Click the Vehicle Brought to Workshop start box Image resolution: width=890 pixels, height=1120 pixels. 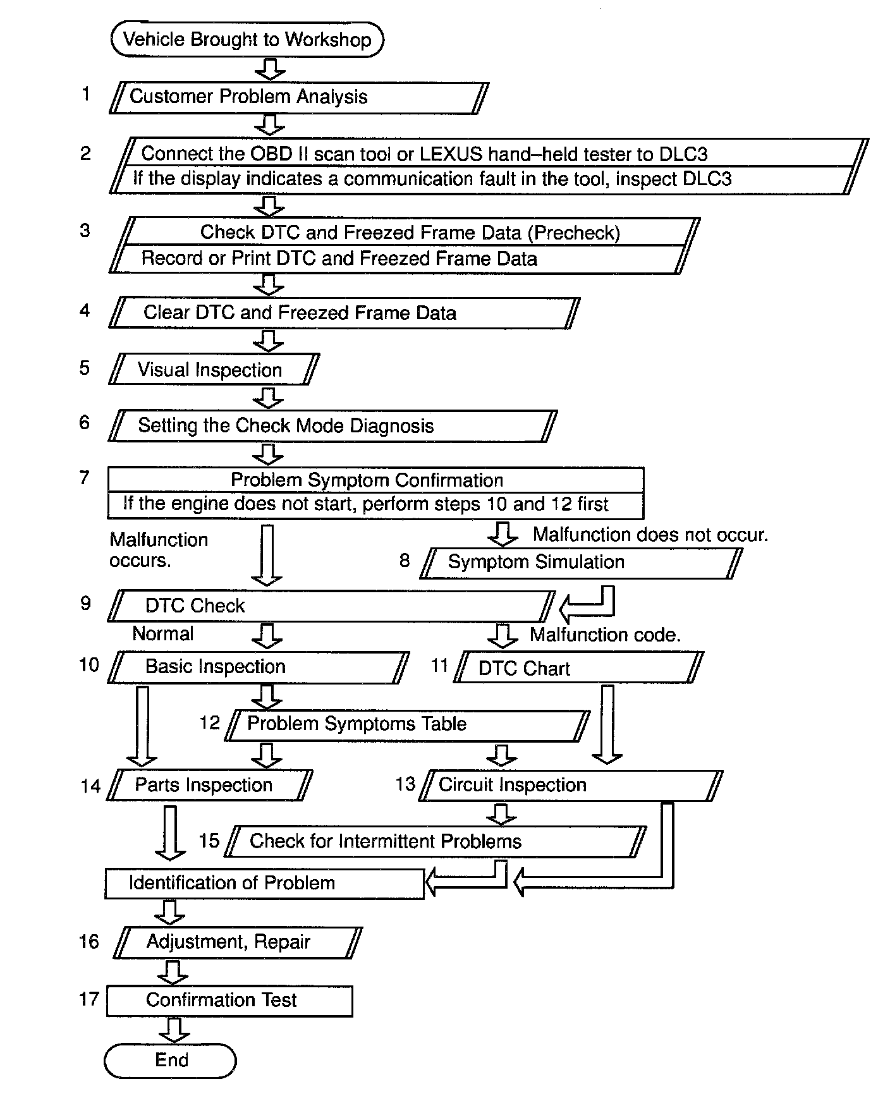click(x=247, y=40)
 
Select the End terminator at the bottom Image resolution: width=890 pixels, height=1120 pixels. click(x=170, y=1060)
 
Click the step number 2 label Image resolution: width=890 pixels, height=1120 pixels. click(x=85, y=154)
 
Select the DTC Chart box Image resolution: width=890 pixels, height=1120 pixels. click(x=578, y=668)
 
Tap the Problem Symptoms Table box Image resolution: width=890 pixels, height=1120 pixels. click(x=408, y=724)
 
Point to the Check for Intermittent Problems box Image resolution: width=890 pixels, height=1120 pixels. click(x=436, y=841)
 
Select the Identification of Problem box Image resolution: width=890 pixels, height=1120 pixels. click(x=264, y=883)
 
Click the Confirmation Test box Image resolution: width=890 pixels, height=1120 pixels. click(x=229, y=1001)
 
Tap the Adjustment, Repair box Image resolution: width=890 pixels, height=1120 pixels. click(x=238, y=942)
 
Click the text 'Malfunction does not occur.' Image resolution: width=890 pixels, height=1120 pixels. click(x=650, y=535)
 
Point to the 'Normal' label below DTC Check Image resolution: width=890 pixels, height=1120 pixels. click(x=163, y=634)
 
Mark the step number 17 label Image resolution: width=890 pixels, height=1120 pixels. click(x=89, y=999)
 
